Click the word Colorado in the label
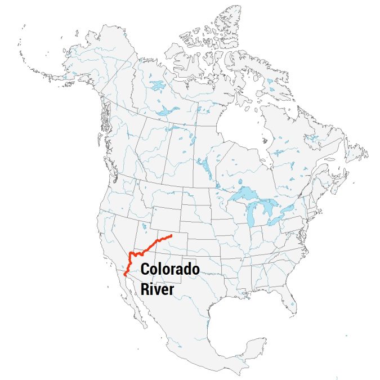[x=169, y=270]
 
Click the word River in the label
[x=157, y=289]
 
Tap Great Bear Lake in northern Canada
[x=156, y=86]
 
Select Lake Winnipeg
[x=202, y=164]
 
